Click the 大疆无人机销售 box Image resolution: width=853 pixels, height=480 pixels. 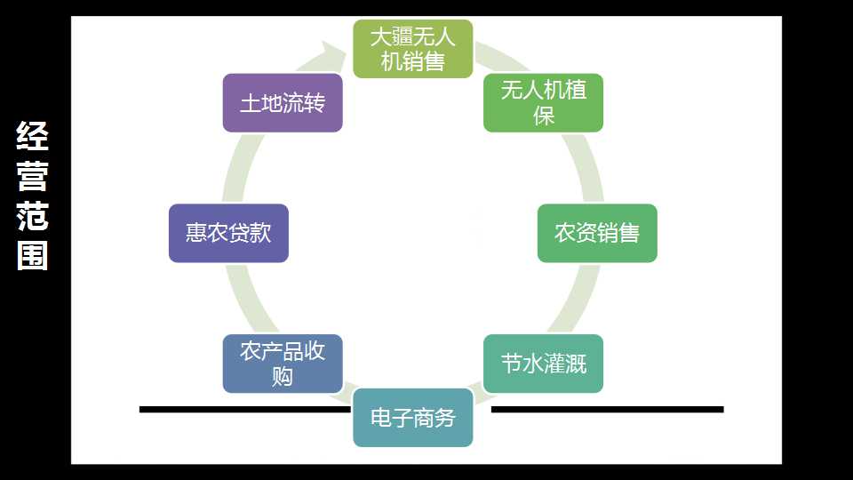(x=413, y=49)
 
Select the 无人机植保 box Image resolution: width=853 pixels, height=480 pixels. (x=544, y=103)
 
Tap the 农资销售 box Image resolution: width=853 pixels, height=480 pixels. (x=597, y=233)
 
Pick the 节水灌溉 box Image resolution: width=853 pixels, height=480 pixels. (x=544, y=364)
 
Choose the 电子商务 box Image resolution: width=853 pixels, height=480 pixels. (x=413, y=418)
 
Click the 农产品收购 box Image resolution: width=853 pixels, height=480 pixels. (x=283, y=364)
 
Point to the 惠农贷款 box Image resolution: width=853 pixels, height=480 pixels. (x=228, y=233)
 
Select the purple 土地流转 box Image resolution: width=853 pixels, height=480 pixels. (x=283, y=103)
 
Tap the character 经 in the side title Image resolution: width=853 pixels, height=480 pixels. (x=33, y=135)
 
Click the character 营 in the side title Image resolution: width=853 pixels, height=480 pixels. (x=33, y=176)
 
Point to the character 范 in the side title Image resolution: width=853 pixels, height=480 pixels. (x=33, y=215)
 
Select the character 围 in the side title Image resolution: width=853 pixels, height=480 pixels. (x=33, y=256)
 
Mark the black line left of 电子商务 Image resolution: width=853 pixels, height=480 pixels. (x=246, y=409)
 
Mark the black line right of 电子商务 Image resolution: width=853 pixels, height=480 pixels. (x=607, y=409)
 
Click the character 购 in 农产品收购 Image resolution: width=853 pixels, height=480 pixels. (x=283, y=376)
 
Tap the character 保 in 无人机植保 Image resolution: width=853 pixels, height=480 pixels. (x=544, y=116)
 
